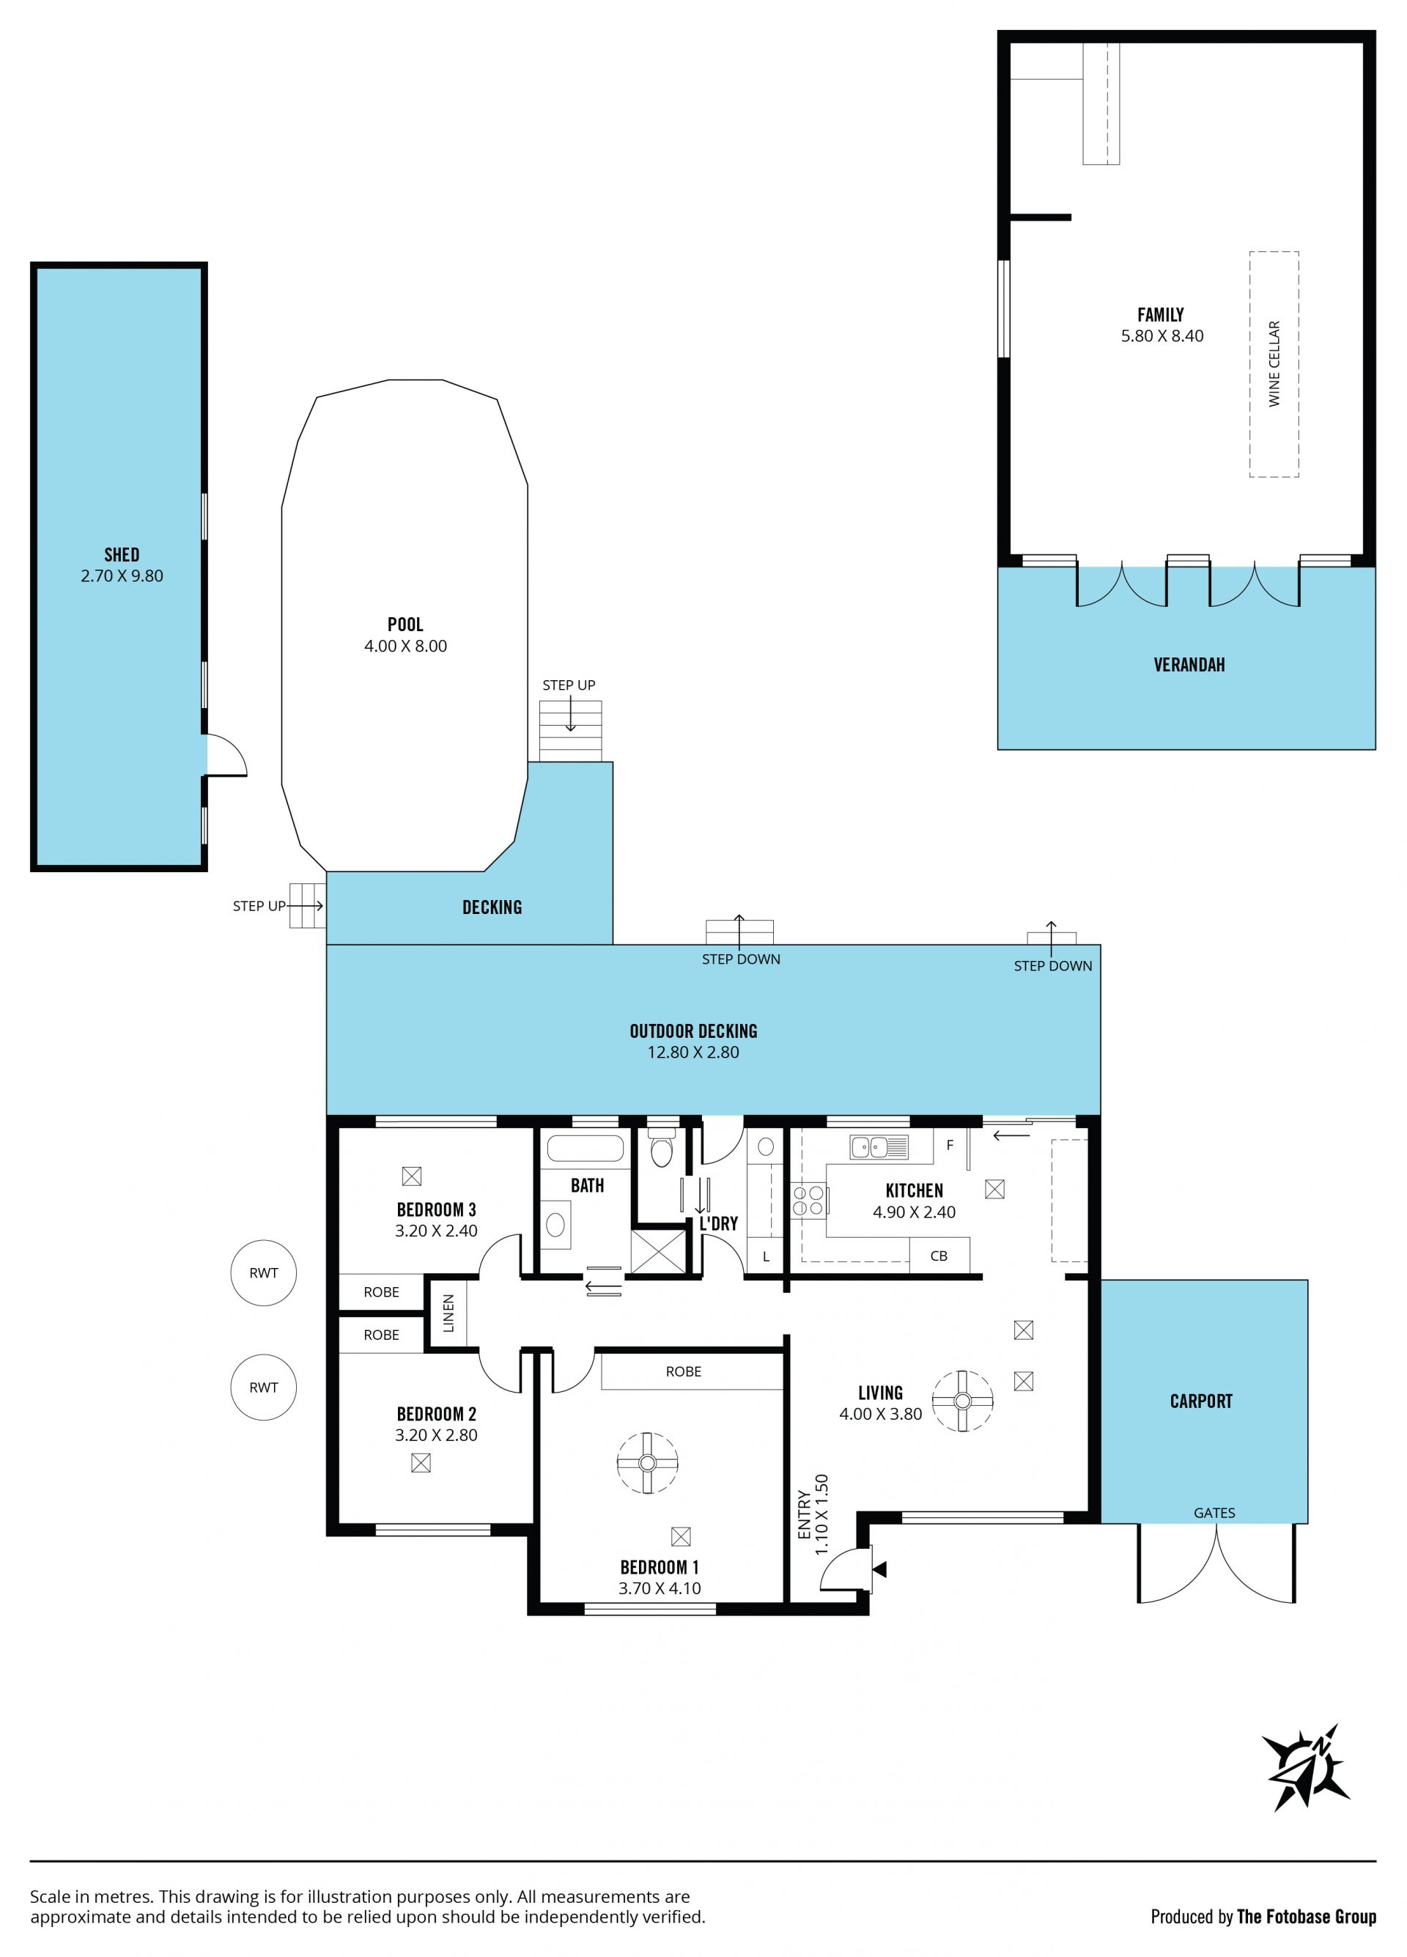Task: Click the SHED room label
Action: pyautogui.click(x=122, y=555)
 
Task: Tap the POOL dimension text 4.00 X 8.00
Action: pyautogui.click(x=405, y=646)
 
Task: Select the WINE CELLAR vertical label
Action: pyautogui.click(x=1274, y=364)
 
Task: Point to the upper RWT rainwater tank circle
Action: pyautogui.click(x=264, y=1272)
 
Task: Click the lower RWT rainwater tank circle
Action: pyautogui.click(x=264, y=1387)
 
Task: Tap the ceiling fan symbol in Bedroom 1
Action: pyautogui.click(x=648, y=1462)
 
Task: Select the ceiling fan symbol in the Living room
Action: pyautogui.click(x=963, y=1401)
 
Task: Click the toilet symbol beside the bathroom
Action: pyautogui.click(x=662, y=1148)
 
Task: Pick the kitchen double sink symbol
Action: pyautogui.click(x=879, y=1147)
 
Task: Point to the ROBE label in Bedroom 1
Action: pyautogui.click(x=683, y=1371)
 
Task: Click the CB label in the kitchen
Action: pyautogui.click(x=939, y=1256)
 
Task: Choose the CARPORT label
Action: pyautogui.click(x=1201, y=1401)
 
